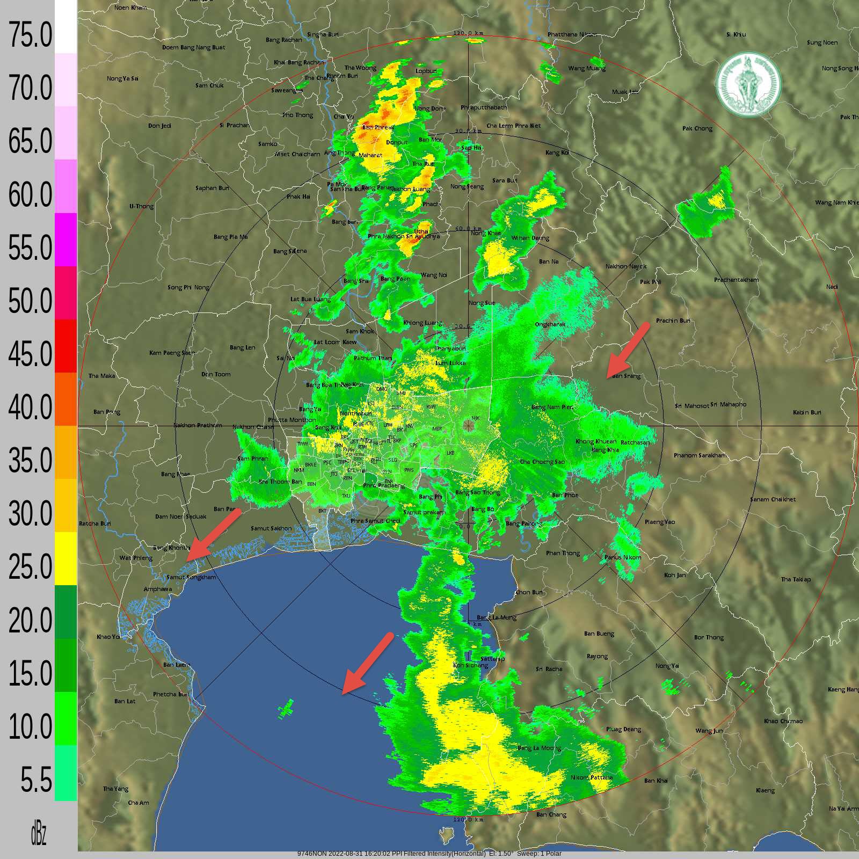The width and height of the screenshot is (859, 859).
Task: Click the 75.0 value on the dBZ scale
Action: [x=30, y=35]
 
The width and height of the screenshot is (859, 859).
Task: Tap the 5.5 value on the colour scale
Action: [x=36, y=780]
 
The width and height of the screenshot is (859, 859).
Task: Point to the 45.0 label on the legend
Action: [x=30, y=354]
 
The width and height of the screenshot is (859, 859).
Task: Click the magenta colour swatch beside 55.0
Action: [x=65, y=239]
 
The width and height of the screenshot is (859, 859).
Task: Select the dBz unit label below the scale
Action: [x=38, y=834]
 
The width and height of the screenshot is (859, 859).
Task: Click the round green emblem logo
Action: [x=748, y=84]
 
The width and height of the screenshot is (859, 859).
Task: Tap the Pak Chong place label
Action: [x=697, y=128]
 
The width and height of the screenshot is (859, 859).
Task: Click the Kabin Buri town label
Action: [x=807, y=412]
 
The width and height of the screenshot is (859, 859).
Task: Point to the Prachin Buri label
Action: [x=673, y=321]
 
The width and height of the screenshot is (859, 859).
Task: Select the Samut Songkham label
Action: [x=191, y=577]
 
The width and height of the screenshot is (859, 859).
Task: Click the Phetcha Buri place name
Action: [x=171, y=694]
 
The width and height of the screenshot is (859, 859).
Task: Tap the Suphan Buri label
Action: [x=212, y=188]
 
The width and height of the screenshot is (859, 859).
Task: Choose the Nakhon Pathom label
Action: [x=198, y=425]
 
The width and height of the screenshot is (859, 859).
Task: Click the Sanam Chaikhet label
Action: [x=773, y=499]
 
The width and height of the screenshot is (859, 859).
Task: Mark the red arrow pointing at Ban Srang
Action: [x=628, y=349]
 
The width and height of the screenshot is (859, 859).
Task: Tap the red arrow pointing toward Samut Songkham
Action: [x=214, y=535]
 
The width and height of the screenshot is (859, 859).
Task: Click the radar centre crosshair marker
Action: [x=469, y=426]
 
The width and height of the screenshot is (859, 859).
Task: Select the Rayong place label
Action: [x=597, y=656]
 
